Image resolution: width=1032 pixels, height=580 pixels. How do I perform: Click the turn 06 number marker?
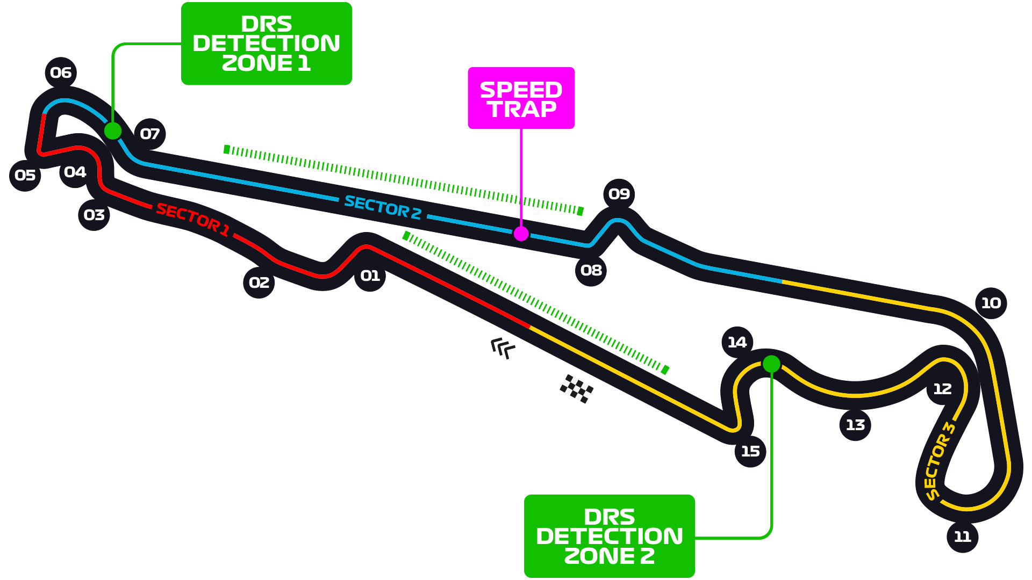(x=61, y=73)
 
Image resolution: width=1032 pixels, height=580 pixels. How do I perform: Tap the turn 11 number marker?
(x=962, y=536)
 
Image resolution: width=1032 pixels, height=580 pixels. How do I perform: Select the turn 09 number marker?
(x=619, y=194)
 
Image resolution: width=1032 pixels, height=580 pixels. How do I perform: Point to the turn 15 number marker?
(x=750, y=451)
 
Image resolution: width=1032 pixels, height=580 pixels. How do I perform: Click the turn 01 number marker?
(x=370, y=276)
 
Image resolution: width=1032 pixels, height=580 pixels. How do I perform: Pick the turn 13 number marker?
(x=855, y=425)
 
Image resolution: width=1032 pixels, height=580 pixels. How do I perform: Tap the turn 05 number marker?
(x=25, y=175)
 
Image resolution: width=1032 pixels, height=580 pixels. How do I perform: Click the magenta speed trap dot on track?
(x=521, y=234)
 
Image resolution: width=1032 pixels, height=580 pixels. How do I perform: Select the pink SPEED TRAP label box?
(x=521, y=98)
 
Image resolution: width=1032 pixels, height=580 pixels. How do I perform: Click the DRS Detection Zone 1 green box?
(x=266, y=44)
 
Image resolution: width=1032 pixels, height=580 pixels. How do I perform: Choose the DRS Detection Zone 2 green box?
(x=609, y=536)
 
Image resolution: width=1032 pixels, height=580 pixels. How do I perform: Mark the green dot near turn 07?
(x=112, y=130)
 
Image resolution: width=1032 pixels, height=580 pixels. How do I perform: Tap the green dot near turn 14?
(x=771, y=364)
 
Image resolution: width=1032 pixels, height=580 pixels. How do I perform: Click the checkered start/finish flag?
(x=576, y=389)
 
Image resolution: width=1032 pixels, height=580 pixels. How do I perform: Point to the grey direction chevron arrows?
(x=503, y=347)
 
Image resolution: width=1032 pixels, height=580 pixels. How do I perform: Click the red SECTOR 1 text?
(x=192, y=219)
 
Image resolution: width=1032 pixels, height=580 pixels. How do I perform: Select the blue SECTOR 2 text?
(x=382, y=207)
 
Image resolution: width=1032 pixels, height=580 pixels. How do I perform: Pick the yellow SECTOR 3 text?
(x=939, y=461)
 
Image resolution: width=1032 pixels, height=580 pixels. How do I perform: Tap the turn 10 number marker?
(x=991, y=303)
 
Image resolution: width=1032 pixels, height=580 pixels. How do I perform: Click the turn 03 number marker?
(x=94, y=215)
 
